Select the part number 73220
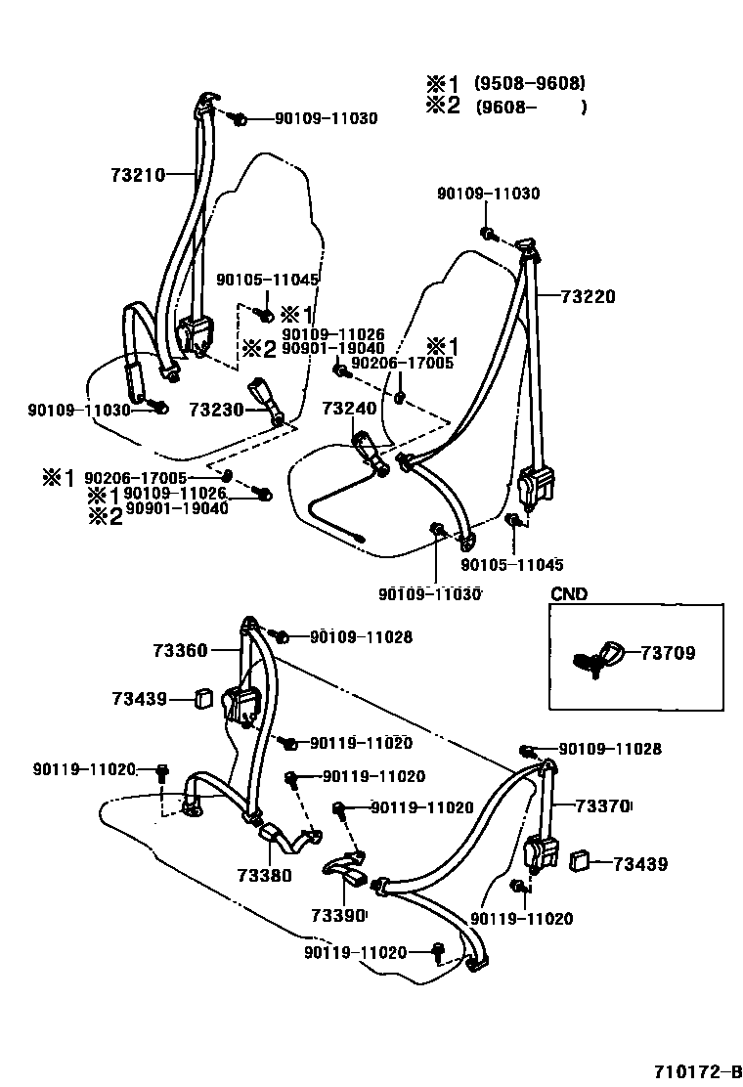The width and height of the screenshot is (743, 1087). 589,297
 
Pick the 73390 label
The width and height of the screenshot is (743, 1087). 338,916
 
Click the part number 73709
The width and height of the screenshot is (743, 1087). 669,654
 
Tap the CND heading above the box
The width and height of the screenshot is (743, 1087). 569,593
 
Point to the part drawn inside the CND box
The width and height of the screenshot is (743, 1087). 597,656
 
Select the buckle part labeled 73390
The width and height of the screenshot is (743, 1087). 344,868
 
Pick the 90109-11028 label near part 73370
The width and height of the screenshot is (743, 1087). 610,749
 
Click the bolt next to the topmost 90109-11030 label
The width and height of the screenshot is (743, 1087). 238,118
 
